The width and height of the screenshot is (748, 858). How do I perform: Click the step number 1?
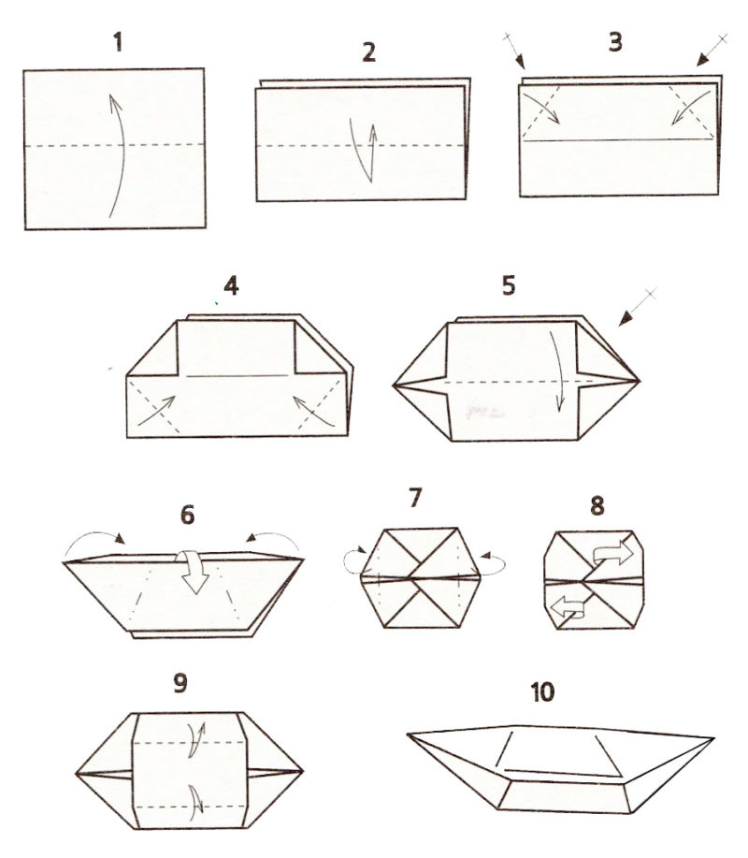118,42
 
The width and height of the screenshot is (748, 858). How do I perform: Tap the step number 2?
369,52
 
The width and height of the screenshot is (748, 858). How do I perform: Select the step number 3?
615,42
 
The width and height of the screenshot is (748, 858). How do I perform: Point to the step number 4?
231,286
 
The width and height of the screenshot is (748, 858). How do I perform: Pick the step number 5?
509,285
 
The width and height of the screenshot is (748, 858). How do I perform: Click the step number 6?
188,515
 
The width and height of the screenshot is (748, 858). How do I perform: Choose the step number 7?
415,498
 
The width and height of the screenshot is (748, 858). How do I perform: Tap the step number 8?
597,506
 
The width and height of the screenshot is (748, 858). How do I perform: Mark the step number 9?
180,682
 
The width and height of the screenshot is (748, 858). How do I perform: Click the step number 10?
542,692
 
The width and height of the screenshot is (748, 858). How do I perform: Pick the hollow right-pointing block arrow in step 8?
612,554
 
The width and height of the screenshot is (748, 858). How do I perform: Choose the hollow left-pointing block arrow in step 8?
568,606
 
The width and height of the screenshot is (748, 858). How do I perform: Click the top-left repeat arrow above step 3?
514,51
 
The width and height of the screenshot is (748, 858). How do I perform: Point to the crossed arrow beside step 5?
638,307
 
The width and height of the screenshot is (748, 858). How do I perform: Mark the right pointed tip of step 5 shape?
640,380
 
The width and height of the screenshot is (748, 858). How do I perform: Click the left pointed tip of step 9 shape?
76,774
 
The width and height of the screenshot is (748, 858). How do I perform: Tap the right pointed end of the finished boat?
714,739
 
